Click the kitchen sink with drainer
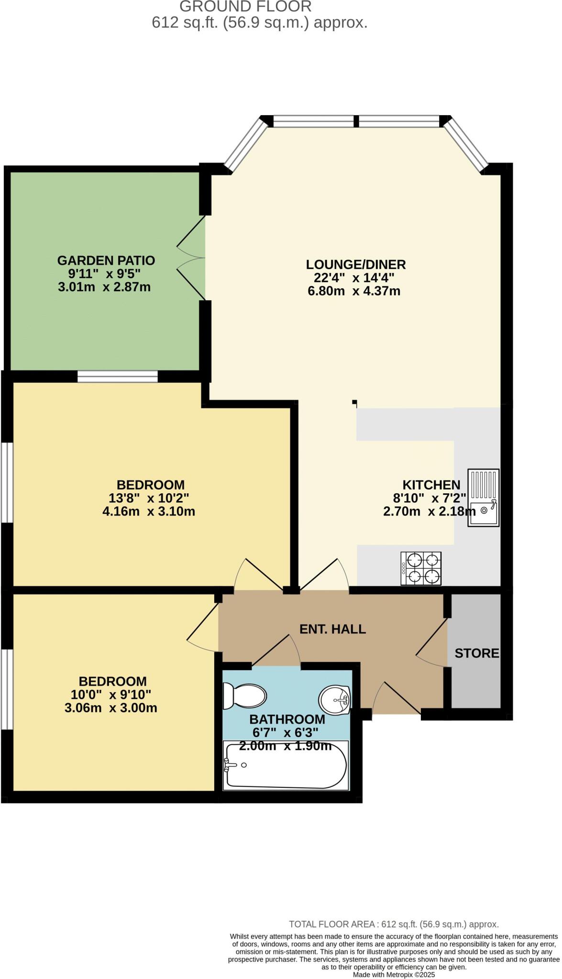coord(484,497)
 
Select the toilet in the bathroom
coord(244,696)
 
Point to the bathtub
coord(286,765)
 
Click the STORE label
coord(477,653)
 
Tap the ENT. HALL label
coord(333,629)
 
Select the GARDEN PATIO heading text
coord(106,261)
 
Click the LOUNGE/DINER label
coord(356,264)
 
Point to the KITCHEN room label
coord(431,485)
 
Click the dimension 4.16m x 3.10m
coord(149,511)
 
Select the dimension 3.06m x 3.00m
coord(111,708)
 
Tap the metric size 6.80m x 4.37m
coord(354,291)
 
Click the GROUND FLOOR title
coord(245,7)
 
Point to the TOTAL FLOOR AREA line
coord(394,925)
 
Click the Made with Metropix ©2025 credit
coord(394,975)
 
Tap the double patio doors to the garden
coord(192,258)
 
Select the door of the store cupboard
coord(432,642)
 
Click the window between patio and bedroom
coord(118,377)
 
